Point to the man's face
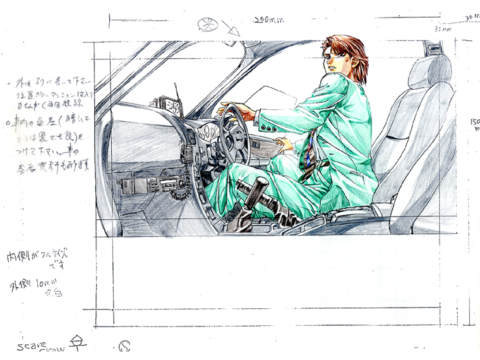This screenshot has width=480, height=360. (x=334, y=58)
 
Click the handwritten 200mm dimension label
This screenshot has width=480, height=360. (x=268, y=20)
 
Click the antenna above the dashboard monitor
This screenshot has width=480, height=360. (x=176, y=93)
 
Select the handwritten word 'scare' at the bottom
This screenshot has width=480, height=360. (x=32, y=346)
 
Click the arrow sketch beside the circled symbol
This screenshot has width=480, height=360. (x=229, y=28)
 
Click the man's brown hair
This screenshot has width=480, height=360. (x=349, y=51)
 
